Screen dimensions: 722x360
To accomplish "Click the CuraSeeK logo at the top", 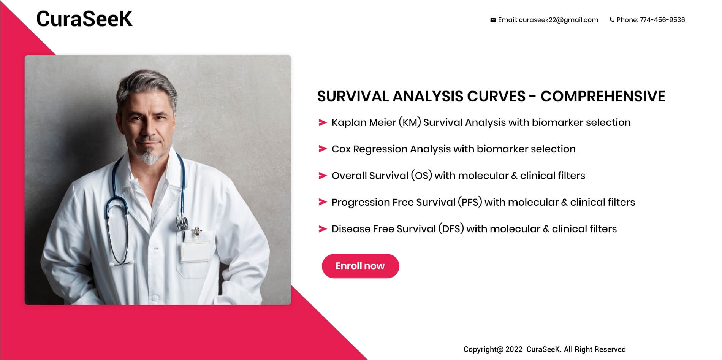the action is pos(84,19).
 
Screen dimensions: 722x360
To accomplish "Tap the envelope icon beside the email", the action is pos(493,20).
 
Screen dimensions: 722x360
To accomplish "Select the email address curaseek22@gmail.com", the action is pos(558,20).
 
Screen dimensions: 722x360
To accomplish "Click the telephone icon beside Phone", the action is pos(612,20).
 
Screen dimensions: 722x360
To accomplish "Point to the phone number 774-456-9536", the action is pos(662,20).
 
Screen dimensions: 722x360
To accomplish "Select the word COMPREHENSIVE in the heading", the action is pos(603,97).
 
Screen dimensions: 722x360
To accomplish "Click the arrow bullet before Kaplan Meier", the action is pos(323,122).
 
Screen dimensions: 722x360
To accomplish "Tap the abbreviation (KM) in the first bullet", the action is pos(410,122).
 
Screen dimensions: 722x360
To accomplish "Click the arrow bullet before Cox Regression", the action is pos(323,149).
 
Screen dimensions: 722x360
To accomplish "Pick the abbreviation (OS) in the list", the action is pos(421,176).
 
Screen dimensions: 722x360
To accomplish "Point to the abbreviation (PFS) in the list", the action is pos(470,202).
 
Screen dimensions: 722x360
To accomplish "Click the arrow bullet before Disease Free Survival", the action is pos(323,229).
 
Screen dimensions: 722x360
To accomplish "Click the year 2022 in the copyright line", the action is pos(514,349).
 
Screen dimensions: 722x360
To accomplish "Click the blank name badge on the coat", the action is pos(195,251).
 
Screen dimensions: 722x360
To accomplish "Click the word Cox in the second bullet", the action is pos(341,149).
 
